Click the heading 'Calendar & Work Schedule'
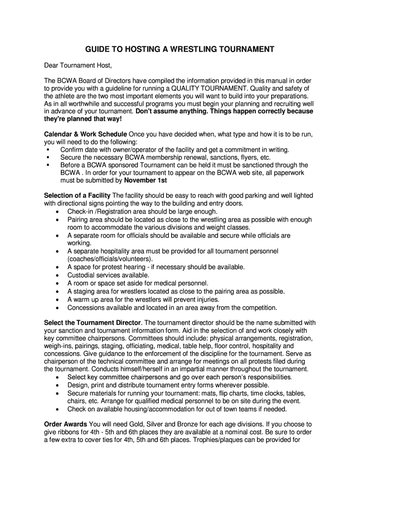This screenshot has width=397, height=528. click(85, 134)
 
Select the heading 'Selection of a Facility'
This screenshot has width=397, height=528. click(77, 195)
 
